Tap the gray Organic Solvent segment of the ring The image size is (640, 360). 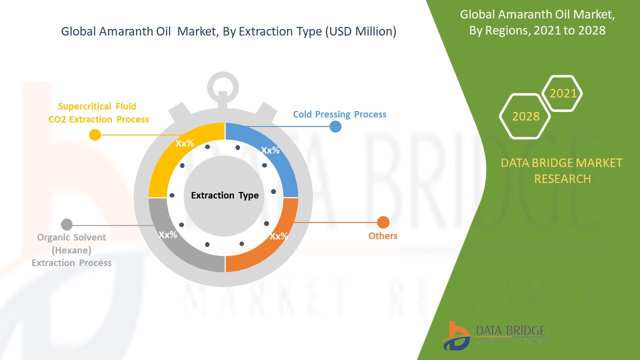coord(174,243)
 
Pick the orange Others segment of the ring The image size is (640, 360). coord(274,243)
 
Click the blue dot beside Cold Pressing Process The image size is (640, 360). coord(335,126)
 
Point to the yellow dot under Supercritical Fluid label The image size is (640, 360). coord(95,134)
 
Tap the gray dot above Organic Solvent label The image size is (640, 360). coord(67,224)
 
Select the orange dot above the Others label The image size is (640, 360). coord(383,222)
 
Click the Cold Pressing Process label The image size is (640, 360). coord(339,114)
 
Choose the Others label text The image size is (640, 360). coord(383,235)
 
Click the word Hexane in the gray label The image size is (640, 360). coord(71,250)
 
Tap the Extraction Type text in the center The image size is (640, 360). coord(225,195)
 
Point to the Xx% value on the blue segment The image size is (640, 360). coord(270,150)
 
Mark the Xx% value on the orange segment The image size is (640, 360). coord(279,236)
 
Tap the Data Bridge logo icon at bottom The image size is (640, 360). coord(456,336)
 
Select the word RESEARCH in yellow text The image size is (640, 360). coord(562,179)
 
